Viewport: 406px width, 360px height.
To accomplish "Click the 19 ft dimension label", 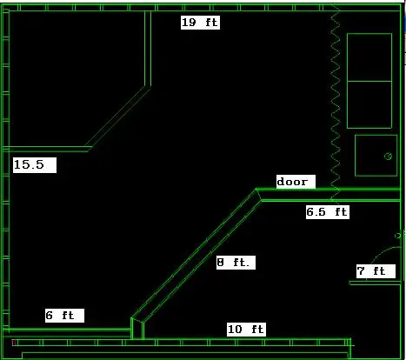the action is click(x=200, y=23).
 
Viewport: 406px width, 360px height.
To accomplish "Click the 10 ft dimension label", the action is click(x=246, y=330).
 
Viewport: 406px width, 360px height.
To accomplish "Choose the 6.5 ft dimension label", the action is click(x=327, y=212).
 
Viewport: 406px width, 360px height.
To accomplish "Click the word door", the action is click(x=292, y=182).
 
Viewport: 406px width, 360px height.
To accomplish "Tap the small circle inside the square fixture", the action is click(x=389, y=157).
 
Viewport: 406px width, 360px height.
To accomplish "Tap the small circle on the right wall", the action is click(x=397, y=236).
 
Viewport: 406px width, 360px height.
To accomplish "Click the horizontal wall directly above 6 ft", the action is click(x=67, y=330).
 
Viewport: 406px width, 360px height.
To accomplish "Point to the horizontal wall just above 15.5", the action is click(x=46, y=149).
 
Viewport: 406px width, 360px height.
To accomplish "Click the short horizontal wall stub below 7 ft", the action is click(x=375, y=283).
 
